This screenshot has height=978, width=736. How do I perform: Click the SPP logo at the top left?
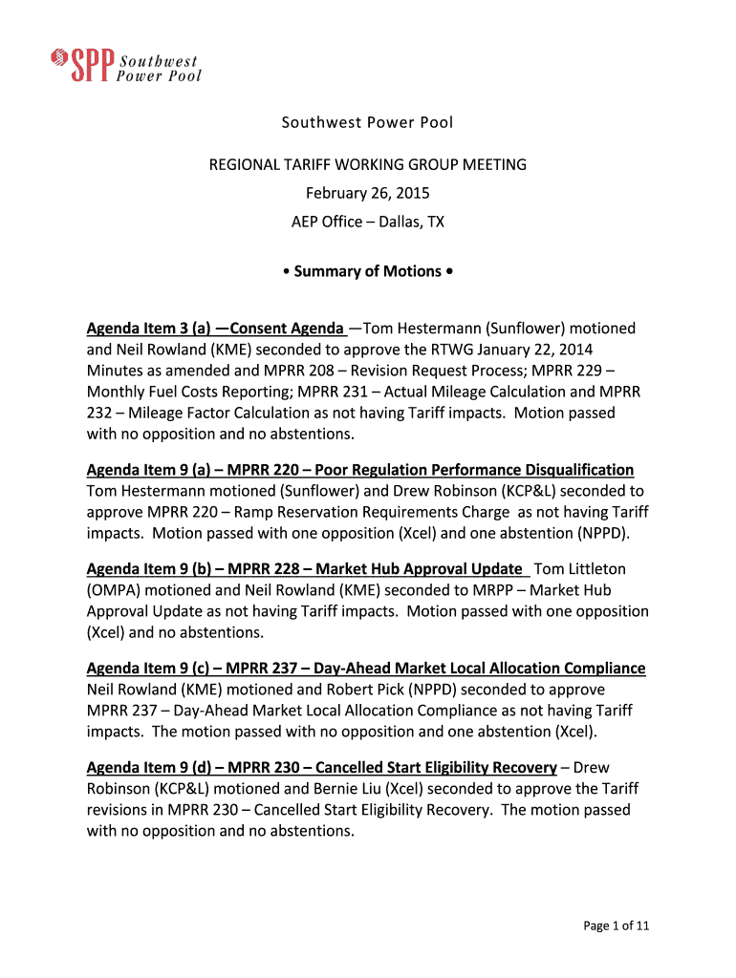click(125, 65)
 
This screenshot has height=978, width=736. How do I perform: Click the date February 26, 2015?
click(368, 193)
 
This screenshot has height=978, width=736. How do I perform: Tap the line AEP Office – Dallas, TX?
click(368, 222)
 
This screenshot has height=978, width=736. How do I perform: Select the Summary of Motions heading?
click(368, 271)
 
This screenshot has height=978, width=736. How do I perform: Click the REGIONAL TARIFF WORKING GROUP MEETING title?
click(368, 164)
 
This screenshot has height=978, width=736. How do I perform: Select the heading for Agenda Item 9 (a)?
click(360, 470)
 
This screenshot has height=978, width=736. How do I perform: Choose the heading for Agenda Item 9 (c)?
click(366, 669)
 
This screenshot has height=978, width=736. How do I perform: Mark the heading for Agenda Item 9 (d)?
click(322, 768)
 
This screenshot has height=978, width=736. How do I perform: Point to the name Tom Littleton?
click(586, 569)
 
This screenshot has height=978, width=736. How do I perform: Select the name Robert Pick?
click(314, 690)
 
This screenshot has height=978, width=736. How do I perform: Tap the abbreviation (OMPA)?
click(111, 590)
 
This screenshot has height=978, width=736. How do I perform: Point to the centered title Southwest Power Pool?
click(368, 122)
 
